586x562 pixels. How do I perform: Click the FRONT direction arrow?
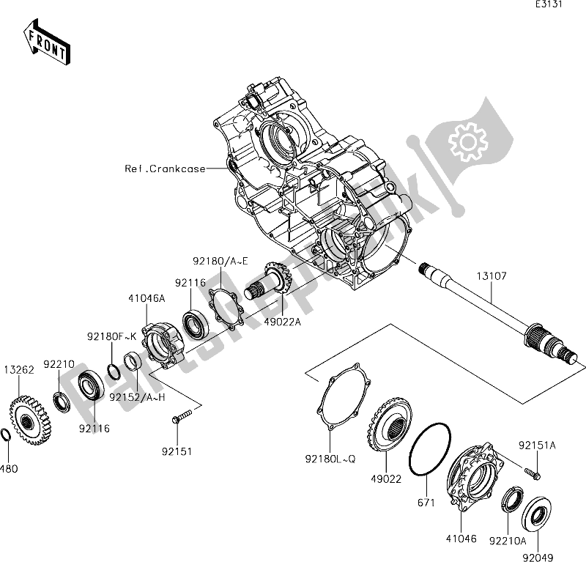point(47,43)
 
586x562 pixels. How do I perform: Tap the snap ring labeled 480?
point(6,435)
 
